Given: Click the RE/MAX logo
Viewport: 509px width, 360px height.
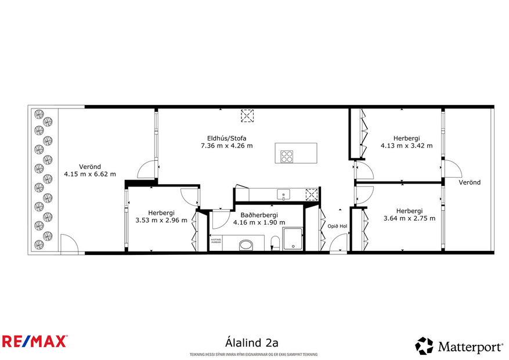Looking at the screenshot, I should tap(35, 341).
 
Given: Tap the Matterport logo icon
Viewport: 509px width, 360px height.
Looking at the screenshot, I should tap(424, 346).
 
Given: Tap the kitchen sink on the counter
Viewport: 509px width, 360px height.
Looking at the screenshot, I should tap(284, 194).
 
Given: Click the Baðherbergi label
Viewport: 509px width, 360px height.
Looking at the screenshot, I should tap(259, 215).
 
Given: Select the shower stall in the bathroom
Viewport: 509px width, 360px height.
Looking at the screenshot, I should tap(293, 239).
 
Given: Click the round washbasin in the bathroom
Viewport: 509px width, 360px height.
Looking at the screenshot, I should tap(246, 244).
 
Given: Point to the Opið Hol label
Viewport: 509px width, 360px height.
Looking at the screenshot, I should tap(337, 226).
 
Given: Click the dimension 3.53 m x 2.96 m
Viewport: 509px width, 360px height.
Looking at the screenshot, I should tap(161, 220).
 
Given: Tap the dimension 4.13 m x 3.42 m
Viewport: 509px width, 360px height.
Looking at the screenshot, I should tap(406, 146).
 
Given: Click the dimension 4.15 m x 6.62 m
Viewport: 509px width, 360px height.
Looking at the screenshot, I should tap(89, 174).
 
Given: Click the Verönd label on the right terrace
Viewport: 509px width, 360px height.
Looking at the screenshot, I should tap(470, 182).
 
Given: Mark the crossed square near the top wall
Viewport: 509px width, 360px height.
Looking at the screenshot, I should tap(248, 116).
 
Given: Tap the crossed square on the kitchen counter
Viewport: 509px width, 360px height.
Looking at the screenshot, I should tap(312, 194).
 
